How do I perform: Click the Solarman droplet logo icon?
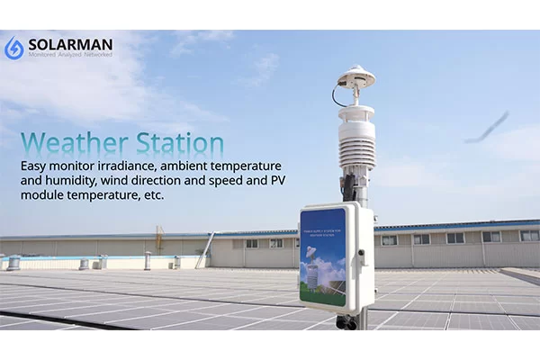[x=14, y=48]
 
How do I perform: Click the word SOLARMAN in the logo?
[x=70, y=44]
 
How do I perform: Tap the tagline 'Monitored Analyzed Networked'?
[x=70, y=56]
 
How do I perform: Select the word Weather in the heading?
[x=72, y=143]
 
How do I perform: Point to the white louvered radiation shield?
[x=356, y=139]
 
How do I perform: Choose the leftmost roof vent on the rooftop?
[x=13, y=262]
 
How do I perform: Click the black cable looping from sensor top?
[x=338, y=93]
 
